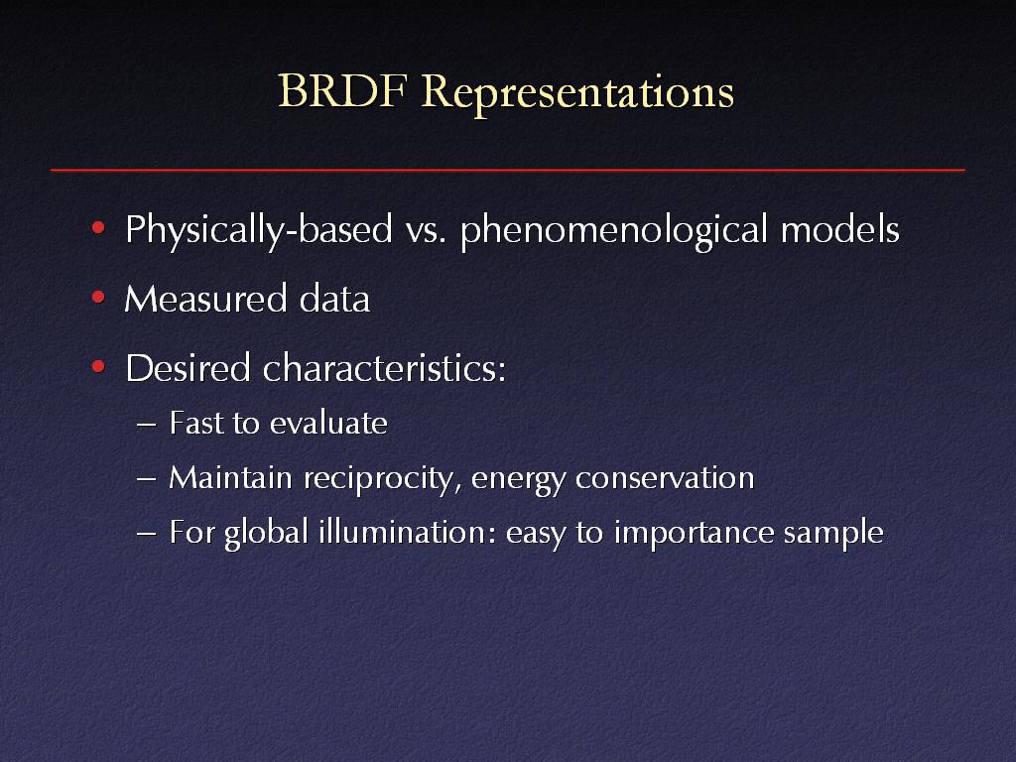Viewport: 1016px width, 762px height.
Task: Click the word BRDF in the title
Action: coord(341,90)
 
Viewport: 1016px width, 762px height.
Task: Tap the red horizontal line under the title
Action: coord(507,170)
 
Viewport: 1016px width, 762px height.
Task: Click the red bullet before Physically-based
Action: coord(98,227)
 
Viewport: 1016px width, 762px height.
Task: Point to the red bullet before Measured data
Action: coord(98,298)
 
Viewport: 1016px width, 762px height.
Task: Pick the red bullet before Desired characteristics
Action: coord(98,367)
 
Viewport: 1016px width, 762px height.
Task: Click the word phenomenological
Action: coord(614,230)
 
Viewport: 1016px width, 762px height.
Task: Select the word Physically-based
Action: coord(259,230)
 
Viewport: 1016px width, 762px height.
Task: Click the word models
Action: coord(839,229)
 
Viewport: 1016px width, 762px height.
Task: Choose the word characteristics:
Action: coord(384,368)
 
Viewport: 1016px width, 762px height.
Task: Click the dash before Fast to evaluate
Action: coord(147,425)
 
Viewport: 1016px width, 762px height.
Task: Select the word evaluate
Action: coord(328,423)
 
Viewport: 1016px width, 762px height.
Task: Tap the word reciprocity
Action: coord(383,480)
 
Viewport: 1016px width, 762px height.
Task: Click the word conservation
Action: coord(665,479)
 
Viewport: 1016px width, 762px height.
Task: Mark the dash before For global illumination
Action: coord(147,534)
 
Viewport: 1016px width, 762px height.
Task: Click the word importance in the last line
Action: coord(693,534)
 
